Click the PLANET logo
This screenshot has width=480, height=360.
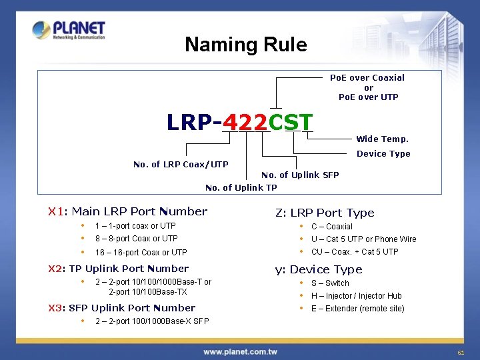(x=69, y=30)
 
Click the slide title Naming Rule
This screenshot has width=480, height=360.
(x=246, y=45)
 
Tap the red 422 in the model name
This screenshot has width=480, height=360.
(x=245, y=122)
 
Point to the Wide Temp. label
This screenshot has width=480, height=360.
(x=382, y=139)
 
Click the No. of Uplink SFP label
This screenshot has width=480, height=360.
(x=300, y=175)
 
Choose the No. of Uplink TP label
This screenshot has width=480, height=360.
(x=241, y=187)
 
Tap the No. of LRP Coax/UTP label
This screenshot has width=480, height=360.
(x=181, y=165)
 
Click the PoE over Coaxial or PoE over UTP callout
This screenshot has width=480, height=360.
(x=369, y=87)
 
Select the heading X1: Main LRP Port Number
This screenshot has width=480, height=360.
(x=128, y=211)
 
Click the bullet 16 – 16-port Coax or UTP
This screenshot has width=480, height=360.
(x=141, y=253)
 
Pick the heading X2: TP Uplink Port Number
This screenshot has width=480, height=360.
(x=119, y=269)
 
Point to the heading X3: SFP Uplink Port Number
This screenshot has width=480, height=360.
(x=122, y=308)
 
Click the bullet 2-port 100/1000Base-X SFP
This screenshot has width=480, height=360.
(x=152, y=321)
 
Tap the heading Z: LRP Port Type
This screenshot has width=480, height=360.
(x=325, y=213)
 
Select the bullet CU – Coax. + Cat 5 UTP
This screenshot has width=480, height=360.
(x=355, y=252)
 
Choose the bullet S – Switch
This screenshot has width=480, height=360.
(x=330, y=283)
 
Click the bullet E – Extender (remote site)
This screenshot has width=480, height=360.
(x=357, y=309)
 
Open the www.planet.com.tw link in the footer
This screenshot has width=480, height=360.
(x=240, y=352)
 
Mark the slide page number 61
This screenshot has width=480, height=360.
(x=460, y=352)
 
